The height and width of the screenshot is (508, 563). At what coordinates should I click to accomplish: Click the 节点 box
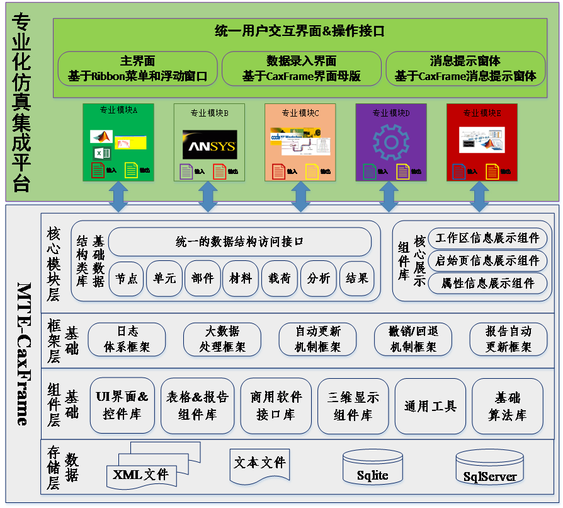coord(127,278)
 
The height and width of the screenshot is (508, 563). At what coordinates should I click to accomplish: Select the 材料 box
coord(241,278)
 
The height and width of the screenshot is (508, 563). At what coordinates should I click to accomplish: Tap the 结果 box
coord(357,278)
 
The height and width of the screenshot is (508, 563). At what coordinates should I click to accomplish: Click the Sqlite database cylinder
coord(373,469)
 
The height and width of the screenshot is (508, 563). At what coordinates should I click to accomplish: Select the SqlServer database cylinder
coord(490,470)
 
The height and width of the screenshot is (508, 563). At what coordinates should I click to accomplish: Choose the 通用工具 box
coord(430,407)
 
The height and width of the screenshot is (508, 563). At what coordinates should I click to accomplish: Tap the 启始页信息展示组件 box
coord(487,260)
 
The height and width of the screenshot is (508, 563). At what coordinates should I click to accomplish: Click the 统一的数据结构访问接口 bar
coord(239,241)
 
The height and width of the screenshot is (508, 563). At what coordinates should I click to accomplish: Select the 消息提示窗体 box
coord(465,69)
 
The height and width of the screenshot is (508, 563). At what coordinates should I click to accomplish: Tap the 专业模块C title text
coord(300,113)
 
